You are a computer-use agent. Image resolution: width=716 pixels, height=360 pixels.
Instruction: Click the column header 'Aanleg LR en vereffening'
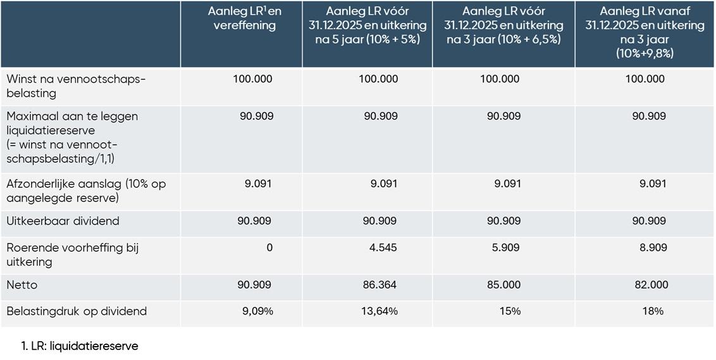[x=242, y=18]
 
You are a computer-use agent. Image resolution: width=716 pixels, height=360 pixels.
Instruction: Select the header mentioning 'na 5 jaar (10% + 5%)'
[x=367, y=25]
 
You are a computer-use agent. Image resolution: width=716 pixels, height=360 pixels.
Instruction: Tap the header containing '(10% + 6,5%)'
[x=503, y=25]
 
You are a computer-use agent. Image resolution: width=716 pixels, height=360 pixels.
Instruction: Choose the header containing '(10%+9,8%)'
[x=645, y=32]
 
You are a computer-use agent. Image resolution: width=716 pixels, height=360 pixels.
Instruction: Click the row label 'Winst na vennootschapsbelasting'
[x=76, y=86]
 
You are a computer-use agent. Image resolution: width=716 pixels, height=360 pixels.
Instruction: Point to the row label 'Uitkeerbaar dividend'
[x=63, y=221]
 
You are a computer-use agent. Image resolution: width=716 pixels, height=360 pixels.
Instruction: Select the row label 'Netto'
[x=22, y=285]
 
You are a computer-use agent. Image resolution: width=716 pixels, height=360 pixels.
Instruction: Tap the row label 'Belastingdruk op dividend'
[x=77, y=311]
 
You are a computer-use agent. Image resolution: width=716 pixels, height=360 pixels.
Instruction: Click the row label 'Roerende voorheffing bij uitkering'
[x=72, y=254]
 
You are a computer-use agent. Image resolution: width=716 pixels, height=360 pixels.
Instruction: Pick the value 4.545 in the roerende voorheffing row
[x=383, y=247]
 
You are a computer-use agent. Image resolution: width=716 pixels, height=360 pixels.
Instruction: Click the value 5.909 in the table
[x=507, y=247]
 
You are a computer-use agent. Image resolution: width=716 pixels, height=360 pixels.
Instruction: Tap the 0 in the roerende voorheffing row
[x=269, y=247]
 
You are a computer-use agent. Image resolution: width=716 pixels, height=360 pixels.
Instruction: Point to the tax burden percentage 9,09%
[x=258, y=311]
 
